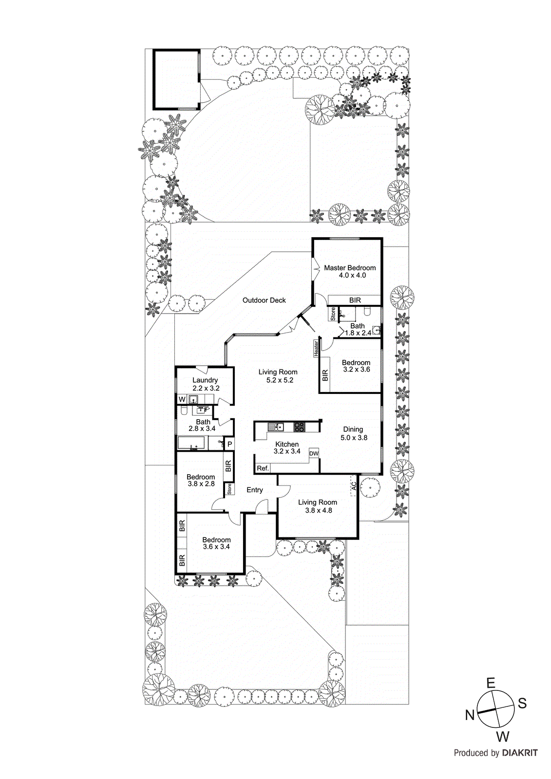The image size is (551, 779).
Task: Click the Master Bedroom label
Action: pyautogui.click(x=350, y=268)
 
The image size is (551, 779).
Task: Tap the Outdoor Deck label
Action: pyautogui.click(x=264, y=300)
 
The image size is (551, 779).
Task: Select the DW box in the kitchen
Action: pyautogui.click(x=314, y=454)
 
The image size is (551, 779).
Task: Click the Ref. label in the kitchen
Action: pyautogui.click(x=263, y=468)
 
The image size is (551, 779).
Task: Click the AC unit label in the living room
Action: pyautogui.click(x=354, y=486)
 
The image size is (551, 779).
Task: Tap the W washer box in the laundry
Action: pyautogui.click(x=182, y=399)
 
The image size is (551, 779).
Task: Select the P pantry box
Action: pyautogui.click(x=229, y=444)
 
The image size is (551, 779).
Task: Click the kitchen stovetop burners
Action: pyautogui.click(x=299, y=427)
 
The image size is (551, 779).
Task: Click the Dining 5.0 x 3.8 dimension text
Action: pyautogui.click(x=354, y=438)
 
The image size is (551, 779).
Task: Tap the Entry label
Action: pyautogui.click(x=254, y=490)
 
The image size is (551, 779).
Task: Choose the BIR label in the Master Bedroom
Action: pyautogui.click(x=355, y=300)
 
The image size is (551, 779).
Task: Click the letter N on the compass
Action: pyautogui.click(x=470, y=715)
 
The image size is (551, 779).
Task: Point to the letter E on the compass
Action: pyautogui.click(x=491, y=683)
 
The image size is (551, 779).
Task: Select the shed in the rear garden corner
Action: pyautogui.click(x=176, y=79)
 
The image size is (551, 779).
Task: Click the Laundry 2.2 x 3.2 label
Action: pyautogui.click(x=205, y=384)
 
